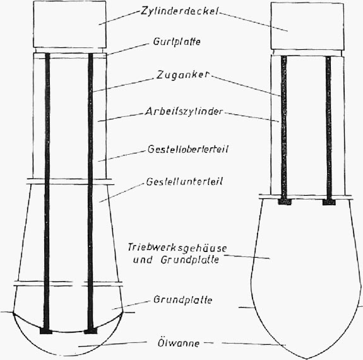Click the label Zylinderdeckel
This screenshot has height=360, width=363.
(x=180, y=11)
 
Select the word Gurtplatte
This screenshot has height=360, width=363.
(x=177, y=42)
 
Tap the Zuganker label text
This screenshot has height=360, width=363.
(x=183, y=75)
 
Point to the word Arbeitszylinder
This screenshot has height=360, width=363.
(x=184, y=112)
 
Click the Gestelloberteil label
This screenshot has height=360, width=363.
(x=188, y=149)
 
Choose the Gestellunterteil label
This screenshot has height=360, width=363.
(x=184, y=181)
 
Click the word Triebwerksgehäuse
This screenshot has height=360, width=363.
(x=177, y=248)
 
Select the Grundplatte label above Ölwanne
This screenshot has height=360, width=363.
(x=183, y=300)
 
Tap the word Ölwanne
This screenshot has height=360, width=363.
(x=179, y=343)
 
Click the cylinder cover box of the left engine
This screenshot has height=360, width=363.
(x=69, y=25)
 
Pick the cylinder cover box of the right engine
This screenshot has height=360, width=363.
(x=307, y=26)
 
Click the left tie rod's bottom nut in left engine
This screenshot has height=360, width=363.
(x=46, y=330)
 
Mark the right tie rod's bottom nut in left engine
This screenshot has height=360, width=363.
(x=90, y=330)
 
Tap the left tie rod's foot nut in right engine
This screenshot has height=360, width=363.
(x=285, y=201)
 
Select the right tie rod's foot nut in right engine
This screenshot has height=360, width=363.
(x=329, y=202)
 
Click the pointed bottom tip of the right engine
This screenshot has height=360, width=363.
(x=306, y=359)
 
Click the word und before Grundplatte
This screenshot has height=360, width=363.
(x=143, y=260)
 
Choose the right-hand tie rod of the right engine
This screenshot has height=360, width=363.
(x=328, y=128)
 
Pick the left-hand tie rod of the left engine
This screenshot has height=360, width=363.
(x=47, y=191)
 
